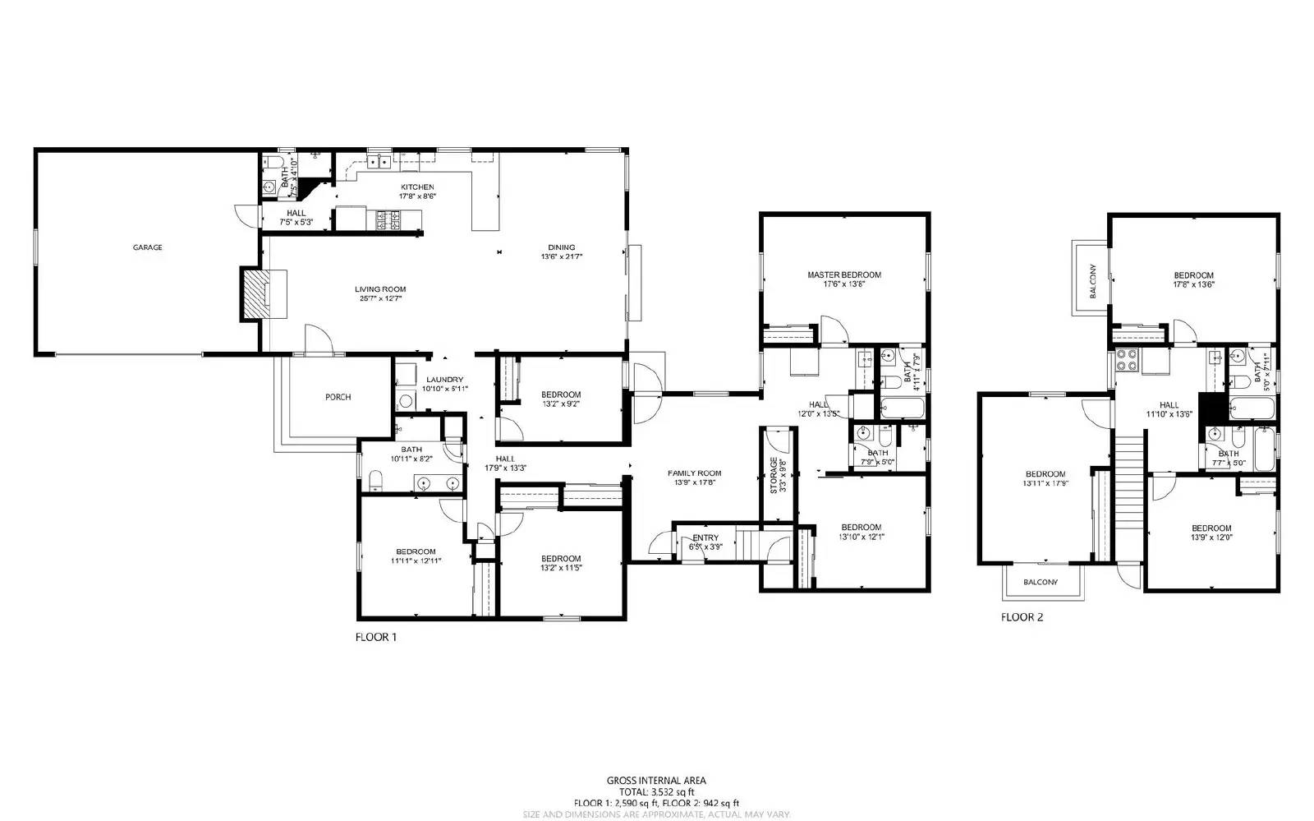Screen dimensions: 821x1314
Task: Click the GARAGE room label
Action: click(148, 247)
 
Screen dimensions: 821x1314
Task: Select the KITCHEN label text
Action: click(417, 187)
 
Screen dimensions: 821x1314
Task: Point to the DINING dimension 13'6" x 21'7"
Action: click(562, 257)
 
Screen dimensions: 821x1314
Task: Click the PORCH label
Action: click(338, 397)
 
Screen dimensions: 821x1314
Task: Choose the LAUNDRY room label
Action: click(444, 379)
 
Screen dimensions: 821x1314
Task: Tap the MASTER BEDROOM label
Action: click(843, 275)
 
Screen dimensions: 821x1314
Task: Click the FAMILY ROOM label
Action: click(694, 473)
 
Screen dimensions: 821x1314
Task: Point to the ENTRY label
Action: click(705, 538)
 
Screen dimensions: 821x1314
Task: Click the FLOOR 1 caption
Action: click(376, 637)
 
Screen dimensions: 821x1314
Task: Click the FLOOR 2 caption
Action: click(1022, 617)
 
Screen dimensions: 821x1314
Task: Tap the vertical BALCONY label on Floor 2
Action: click(1093, 279)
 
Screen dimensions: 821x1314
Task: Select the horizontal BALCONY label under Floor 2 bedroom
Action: click(1041, 582)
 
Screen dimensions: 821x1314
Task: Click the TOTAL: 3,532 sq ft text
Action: click(656, 792)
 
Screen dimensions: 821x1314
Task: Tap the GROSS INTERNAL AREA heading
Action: click(656, 781)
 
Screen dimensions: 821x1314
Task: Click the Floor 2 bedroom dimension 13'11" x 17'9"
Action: click(1045, 484)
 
